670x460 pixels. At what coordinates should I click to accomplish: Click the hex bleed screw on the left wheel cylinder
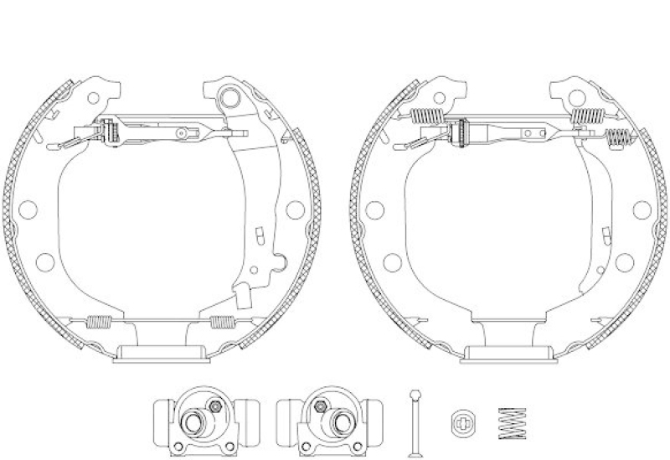coord(215,406)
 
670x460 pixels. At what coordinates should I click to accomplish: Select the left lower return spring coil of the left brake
coord(99,319)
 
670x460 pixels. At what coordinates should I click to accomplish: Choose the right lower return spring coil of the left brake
coord(223,319)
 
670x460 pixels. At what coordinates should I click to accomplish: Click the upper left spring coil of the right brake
coord(428,116)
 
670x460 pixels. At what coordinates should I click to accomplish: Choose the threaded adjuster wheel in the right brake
coord(458,132)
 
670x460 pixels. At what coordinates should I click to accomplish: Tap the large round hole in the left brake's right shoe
coord(294,209)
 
